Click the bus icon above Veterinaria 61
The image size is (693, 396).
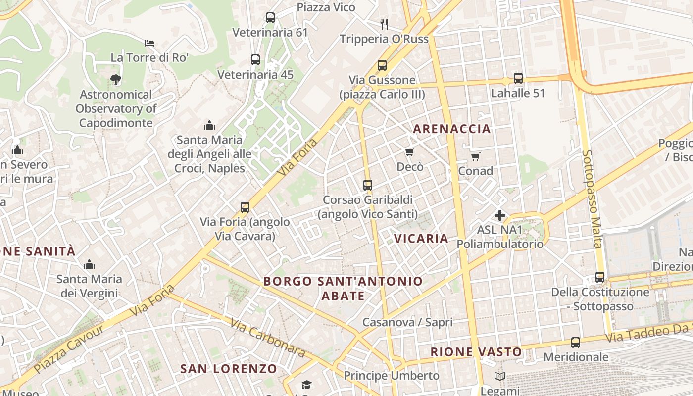pos(270,18)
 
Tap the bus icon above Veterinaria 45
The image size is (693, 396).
pos(255,60)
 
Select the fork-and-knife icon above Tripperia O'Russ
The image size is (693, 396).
pos(384,23)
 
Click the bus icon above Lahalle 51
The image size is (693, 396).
pos(518,78)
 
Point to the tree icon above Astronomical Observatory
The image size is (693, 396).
pos(115,79)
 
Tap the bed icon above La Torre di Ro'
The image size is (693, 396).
pos(149,43)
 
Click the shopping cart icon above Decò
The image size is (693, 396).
pos(409,152)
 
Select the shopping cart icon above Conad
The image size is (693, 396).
pos(476,156)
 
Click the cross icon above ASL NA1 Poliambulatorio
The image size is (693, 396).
pos(500,215)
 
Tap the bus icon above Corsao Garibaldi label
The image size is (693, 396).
pos(368,185)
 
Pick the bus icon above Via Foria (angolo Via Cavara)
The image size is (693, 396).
pos(245,207)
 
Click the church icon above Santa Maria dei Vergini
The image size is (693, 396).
pos(89,264)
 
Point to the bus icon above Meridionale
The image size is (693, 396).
pos(576,342)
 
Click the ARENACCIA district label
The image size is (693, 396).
pos(452,129)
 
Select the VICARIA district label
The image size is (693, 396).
pos(421,239)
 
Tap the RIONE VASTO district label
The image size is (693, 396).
pos(476,352)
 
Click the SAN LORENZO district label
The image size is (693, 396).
pos(229,369)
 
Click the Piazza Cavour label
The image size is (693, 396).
pos(69,348)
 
